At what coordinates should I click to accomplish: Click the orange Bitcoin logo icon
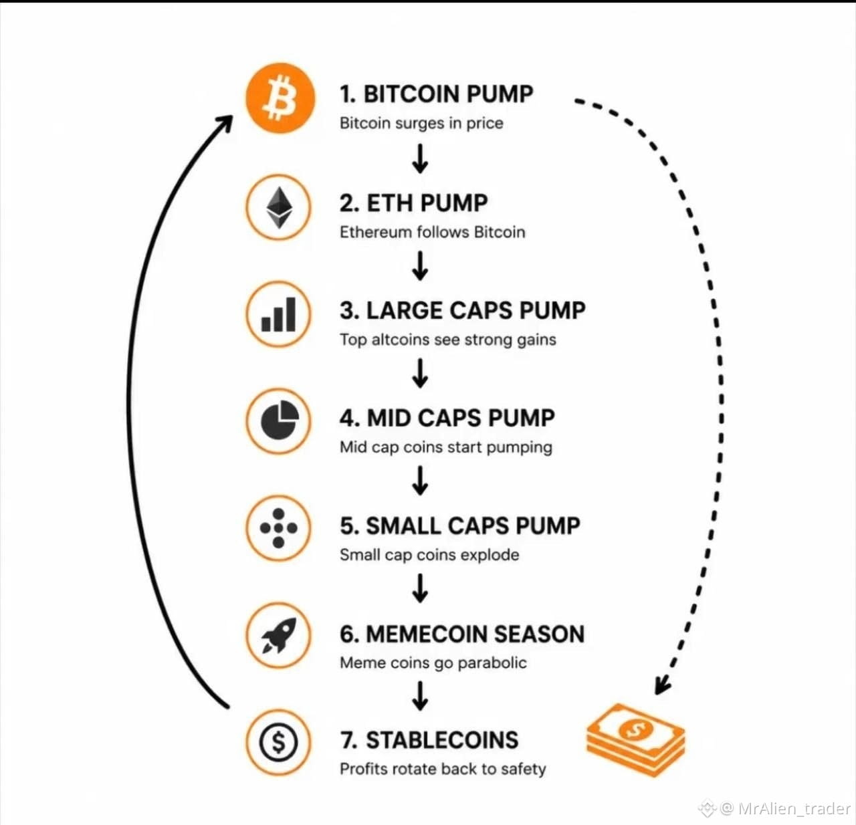click(x=280, y=98)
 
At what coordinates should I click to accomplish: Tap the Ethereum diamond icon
click(x=279, y=207)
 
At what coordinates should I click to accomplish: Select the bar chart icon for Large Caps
click(x=278, y=314)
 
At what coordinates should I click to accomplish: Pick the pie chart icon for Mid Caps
click(x=280, y=420)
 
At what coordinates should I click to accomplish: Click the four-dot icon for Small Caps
click(x=278, y=527)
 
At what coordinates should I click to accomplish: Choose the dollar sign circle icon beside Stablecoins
click(x=278, y=742)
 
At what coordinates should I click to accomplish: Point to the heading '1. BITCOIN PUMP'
click(x=436, y=94)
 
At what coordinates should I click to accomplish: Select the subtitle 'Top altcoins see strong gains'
click(x=448, y=340)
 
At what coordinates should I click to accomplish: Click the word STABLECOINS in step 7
click(x=442, y=740)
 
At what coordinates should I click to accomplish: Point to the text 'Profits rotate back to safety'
click(x=443, y=769)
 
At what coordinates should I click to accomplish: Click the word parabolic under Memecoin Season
click(x=492, y=663)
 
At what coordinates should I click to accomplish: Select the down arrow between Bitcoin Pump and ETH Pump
click(x=420, y=158)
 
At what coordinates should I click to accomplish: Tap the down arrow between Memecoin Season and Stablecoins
click(x=420, y=696)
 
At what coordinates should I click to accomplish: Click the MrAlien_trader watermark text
click(x=794, y=808)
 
